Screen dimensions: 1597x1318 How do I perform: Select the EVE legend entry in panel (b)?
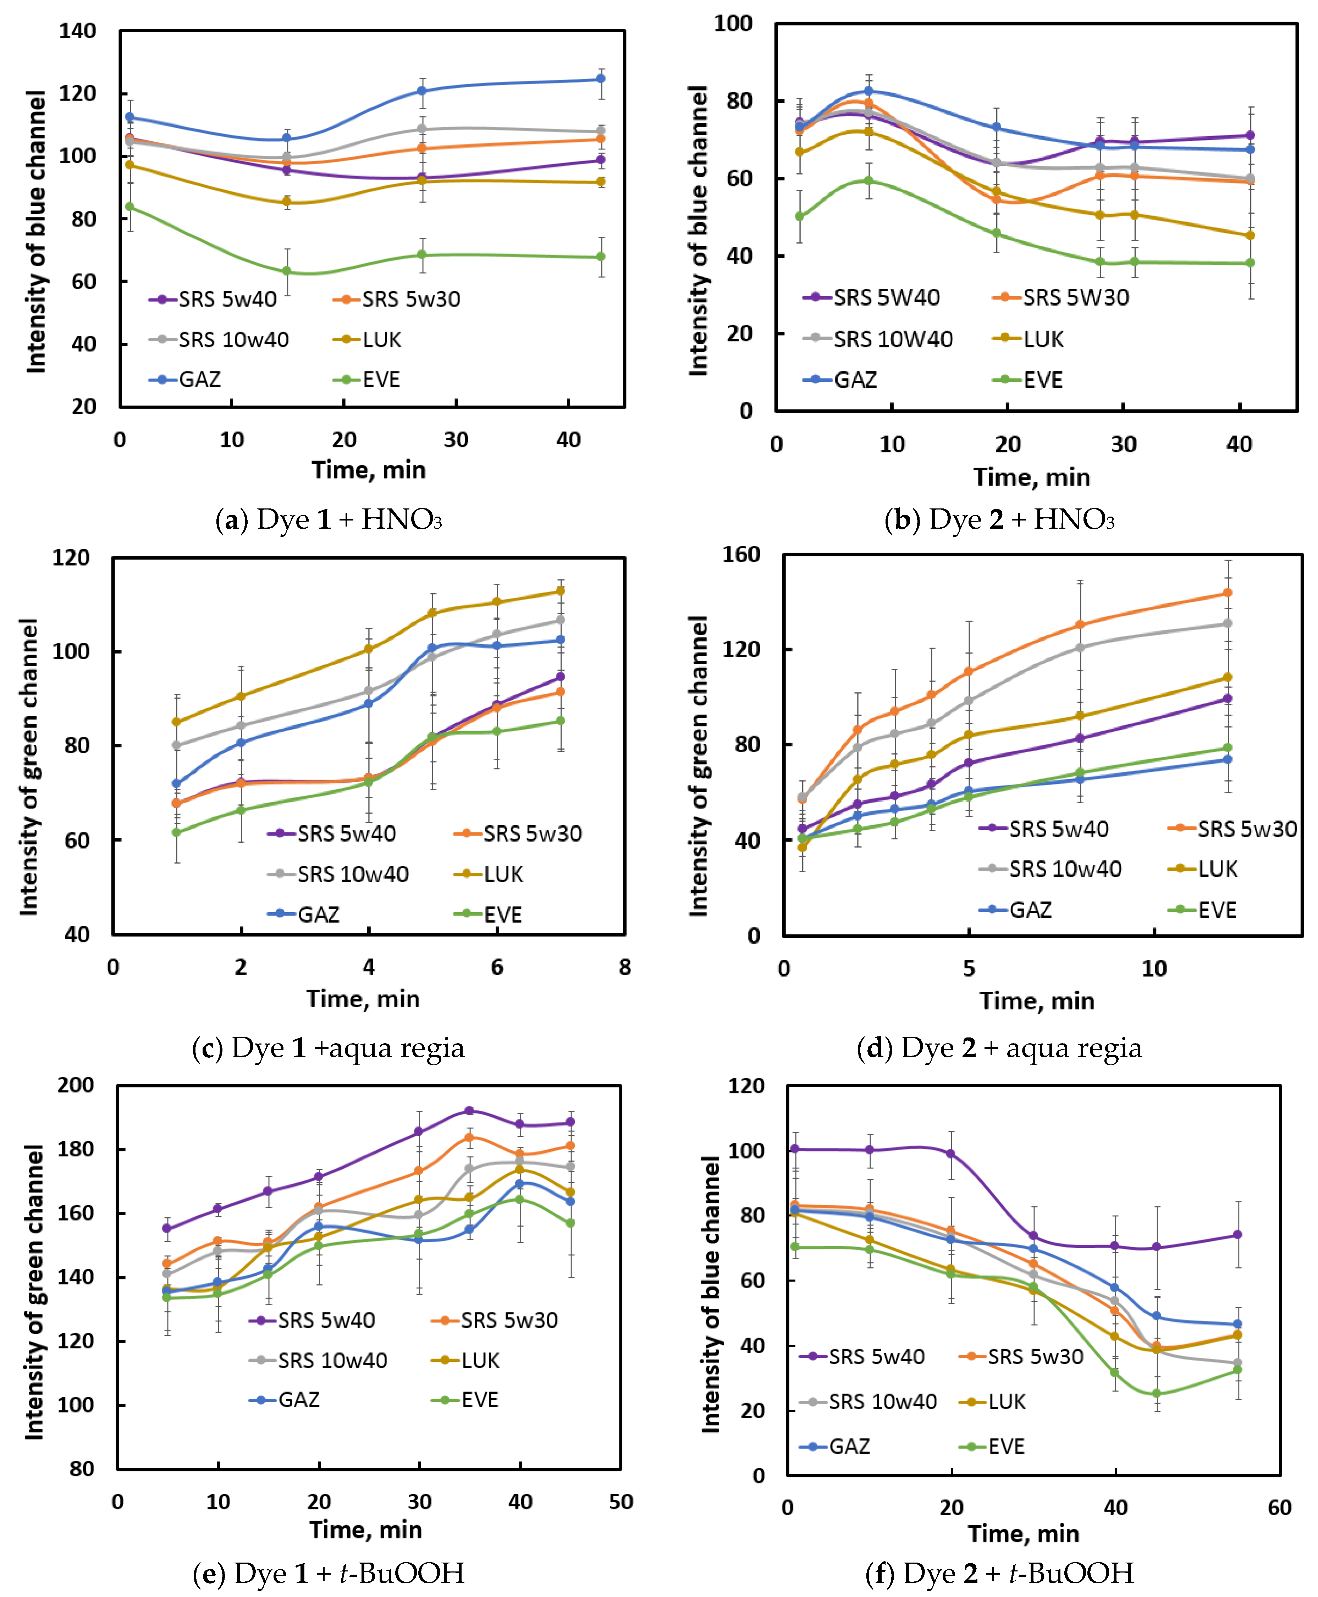[x=1029, y=380]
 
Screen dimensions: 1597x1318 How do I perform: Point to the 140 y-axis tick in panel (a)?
[x=77, y=31]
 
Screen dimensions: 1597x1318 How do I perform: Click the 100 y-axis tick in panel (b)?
[x=733, y=23]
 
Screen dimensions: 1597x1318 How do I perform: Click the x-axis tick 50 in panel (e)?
[x=620, y=1501]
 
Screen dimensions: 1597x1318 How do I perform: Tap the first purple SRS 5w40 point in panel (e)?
[x=167, y=1228]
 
